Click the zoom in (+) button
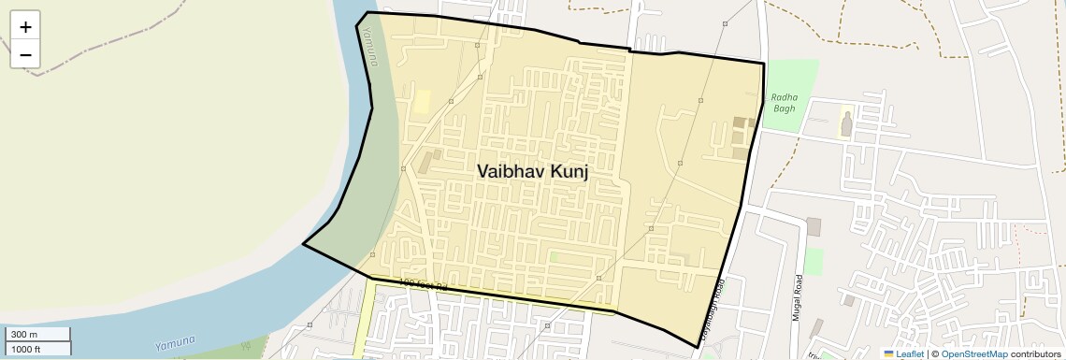click(x=25, y=27)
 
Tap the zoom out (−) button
click(x=25, y=54)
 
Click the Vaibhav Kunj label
click(x=532, y=171)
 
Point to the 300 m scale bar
click(x=37, y=334)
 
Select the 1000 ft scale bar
click(x=37, y=349)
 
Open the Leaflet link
click(x=903, y=353)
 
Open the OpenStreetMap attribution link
click(x=973, y=353)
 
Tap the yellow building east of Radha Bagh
click(x=847, y=125)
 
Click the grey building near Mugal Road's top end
click(x=813, y=226)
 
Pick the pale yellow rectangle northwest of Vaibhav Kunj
click(x=423, y=102)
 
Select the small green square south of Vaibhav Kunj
click(x=554, y=257)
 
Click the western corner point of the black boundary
click(x=303, y=245)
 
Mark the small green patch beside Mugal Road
click(x=814, y=261)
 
